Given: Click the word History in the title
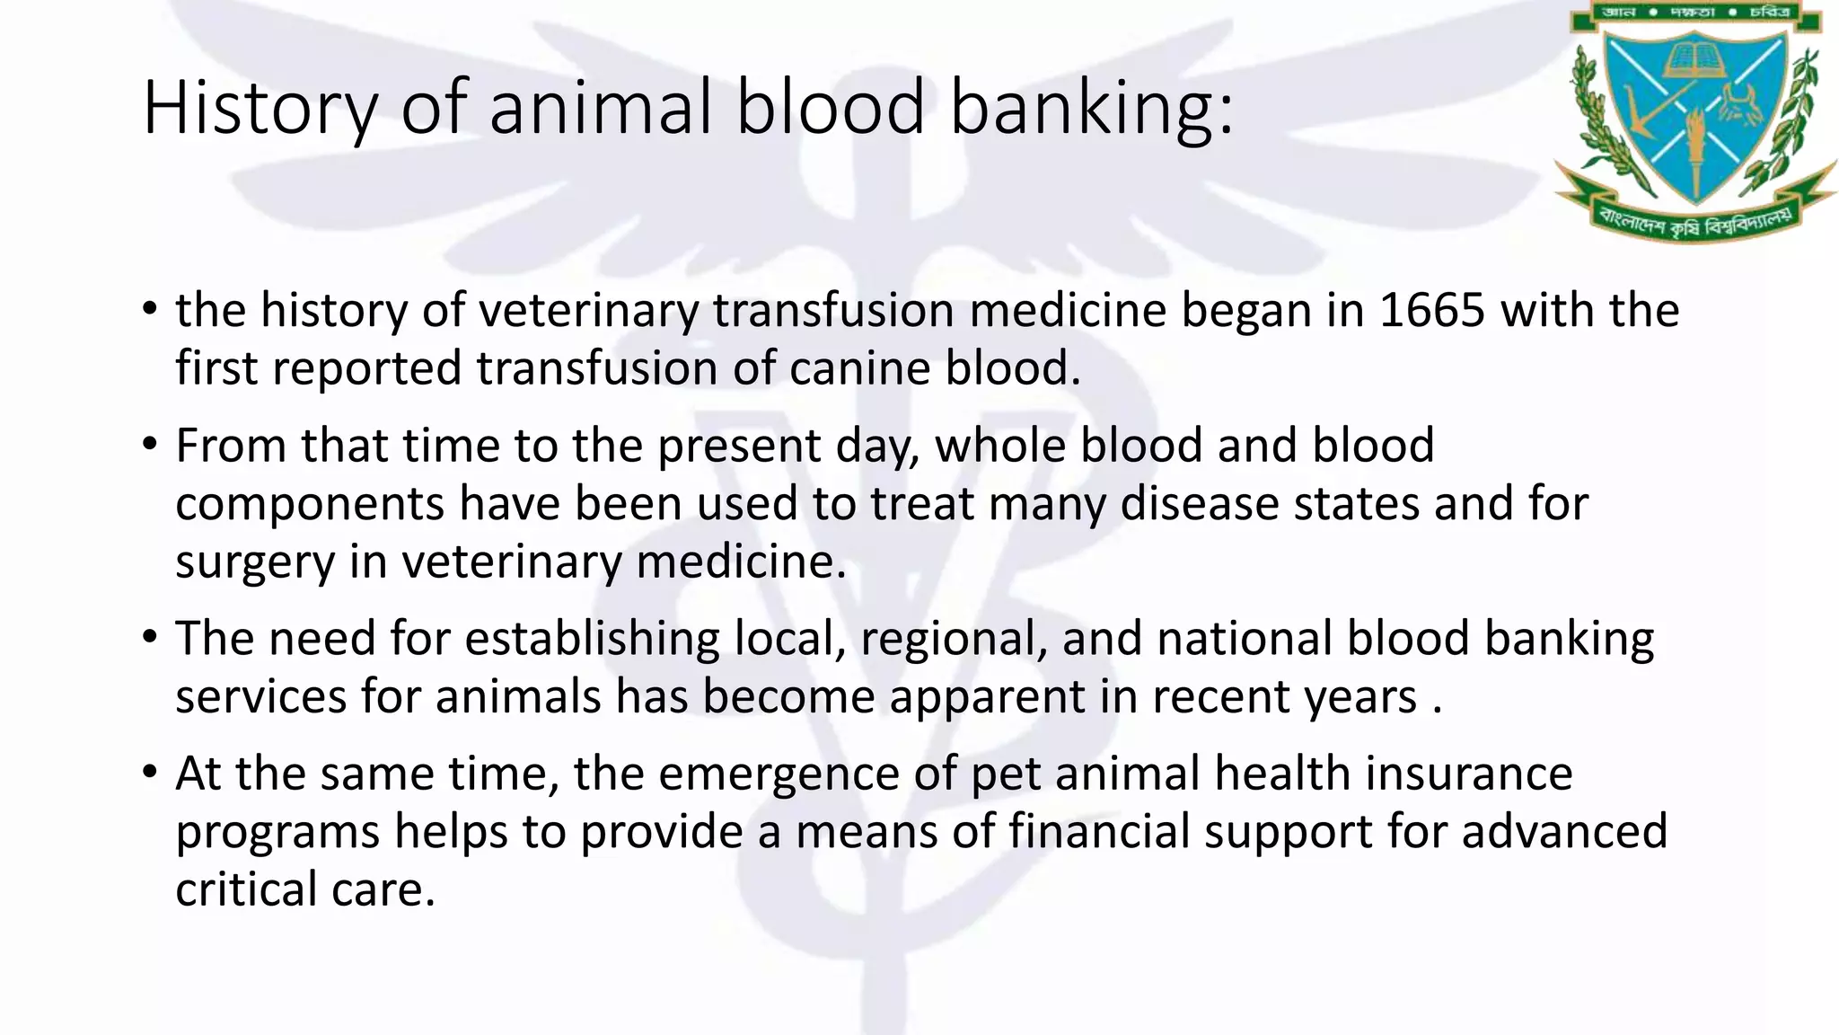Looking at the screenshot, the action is click(x=260, y=108).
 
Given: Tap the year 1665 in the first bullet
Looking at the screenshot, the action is click(x=1432, y=310).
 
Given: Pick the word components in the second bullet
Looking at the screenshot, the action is click(x=309, y=504).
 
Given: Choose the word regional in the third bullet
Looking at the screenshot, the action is click(x=953, y=639).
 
